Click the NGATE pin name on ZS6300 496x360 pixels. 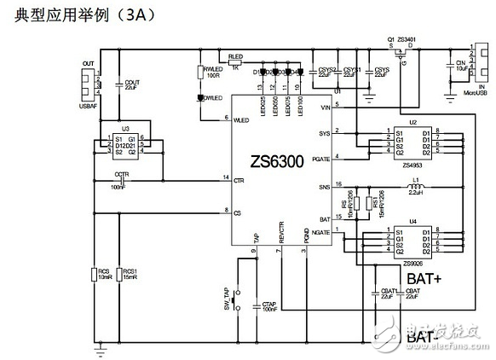[320, 233]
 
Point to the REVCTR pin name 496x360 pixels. [280, 238]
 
